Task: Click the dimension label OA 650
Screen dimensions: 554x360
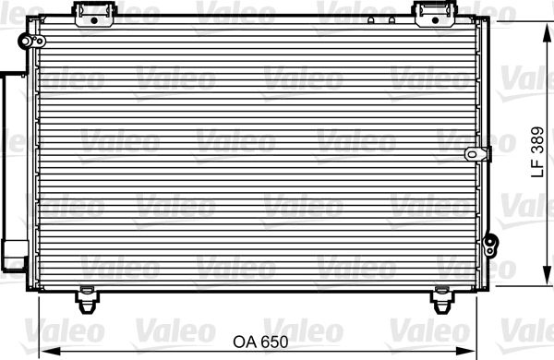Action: click(260, 342)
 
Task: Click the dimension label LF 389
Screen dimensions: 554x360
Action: click(537, 152)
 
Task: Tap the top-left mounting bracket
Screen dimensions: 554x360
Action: click(94, 14)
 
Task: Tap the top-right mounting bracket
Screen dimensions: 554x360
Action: click(435, 14)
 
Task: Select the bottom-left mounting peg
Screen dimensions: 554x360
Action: click(87, 300)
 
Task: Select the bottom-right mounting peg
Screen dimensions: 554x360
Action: click(442, 300)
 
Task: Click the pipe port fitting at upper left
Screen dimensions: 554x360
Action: click(31, 42)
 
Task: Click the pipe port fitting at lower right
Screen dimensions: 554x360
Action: click(490, 245)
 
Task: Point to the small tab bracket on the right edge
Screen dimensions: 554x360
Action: click(477, 154)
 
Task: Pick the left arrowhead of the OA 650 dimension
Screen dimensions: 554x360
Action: click(50, 352)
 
